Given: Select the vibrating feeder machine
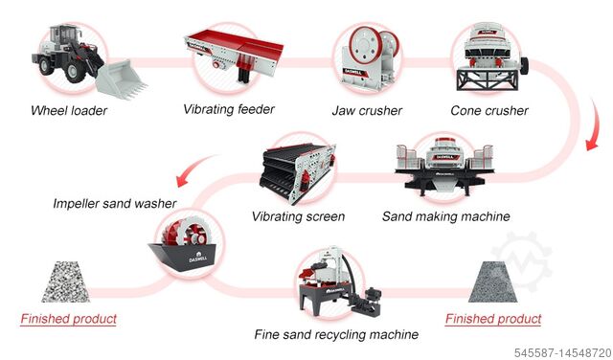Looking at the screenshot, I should click(230, 53).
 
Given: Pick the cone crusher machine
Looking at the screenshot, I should click(488, 54).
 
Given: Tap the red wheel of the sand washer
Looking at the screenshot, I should click(187, 239).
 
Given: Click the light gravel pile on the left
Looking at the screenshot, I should click(68, 281).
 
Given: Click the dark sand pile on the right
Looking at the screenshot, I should click(493, 282).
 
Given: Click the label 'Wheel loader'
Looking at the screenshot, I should click(68, 110).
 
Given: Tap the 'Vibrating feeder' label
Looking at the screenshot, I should click(229, 109).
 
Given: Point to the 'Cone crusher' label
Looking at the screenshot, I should click(488, 110).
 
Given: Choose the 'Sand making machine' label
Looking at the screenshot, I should click(445, 216).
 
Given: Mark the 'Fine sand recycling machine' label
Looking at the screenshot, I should click(336, 335).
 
